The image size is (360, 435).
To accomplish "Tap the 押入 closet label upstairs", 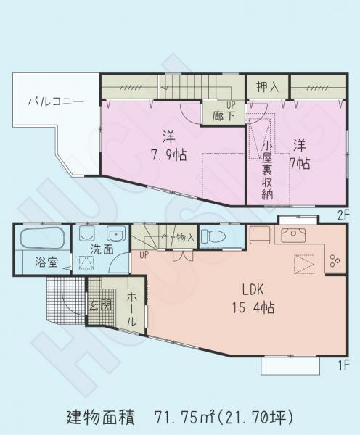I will pyautogui.click(x=268, y=88).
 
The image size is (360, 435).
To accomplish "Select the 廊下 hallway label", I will pyautogui.click(x=223, y=115).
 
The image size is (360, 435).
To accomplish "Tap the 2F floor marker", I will pyautogui.click(x=343, y=215).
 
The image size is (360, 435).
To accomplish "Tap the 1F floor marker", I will pyautogui.click(x=343, y=364).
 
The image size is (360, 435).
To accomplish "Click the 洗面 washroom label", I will pyautogui.click(x=100, y=250).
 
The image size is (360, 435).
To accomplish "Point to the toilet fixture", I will pyautogui.click(x=213, y=236).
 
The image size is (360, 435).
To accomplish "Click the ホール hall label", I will pyautogui.click(x=131, y=308).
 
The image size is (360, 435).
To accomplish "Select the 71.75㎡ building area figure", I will pyautogui.click(x=185, y=418).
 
